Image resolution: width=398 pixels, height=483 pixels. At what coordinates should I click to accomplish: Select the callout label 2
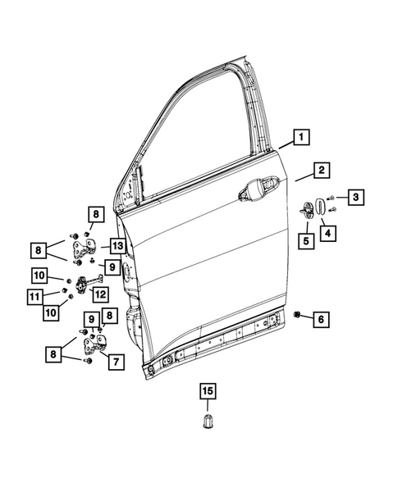323,171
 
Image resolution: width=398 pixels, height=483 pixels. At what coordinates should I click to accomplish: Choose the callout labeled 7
114,361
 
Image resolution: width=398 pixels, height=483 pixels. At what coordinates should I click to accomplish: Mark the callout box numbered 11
35,295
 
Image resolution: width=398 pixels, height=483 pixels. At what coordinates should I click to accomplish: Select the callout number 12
100,294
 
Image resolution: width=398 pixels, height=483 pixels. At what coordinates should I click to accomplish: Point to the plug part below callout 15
208,422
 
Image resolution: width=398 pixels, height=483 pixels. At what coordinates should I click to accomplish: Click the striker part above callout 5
310,210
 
